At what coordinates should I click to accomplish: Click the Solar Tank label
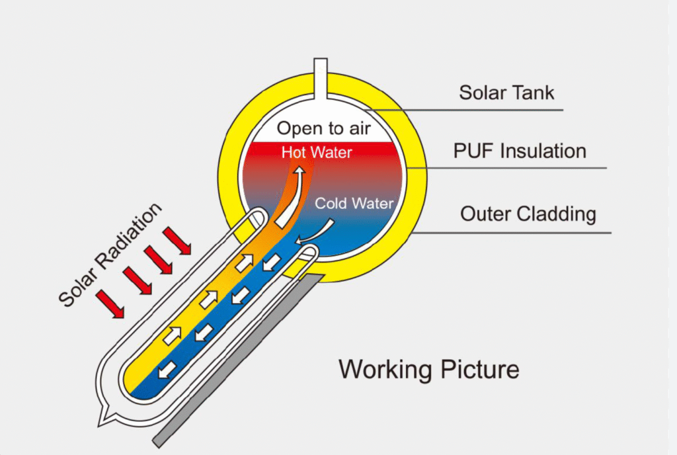(507, 91)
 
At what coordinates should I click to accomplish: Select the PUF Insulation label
(520, 151)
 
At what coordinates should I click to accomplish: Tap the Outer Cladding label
(528, 214)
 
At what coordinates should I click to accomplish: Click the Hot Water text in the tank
(317, 152)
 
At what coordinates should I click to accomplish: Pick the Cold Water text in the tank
(354, 203)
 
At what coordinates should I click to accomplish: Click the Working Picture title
(429, 369)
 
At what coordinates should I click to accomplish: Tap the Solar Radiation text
(110, 255)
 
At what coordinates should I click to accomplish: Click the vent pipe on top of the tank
(321, 76)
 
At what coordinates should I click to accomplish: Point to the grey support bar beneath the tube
(238, 360)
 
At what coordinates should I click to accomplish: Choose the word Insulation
(543, 151)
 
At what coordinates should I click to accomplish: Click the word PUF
(475, 151)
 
